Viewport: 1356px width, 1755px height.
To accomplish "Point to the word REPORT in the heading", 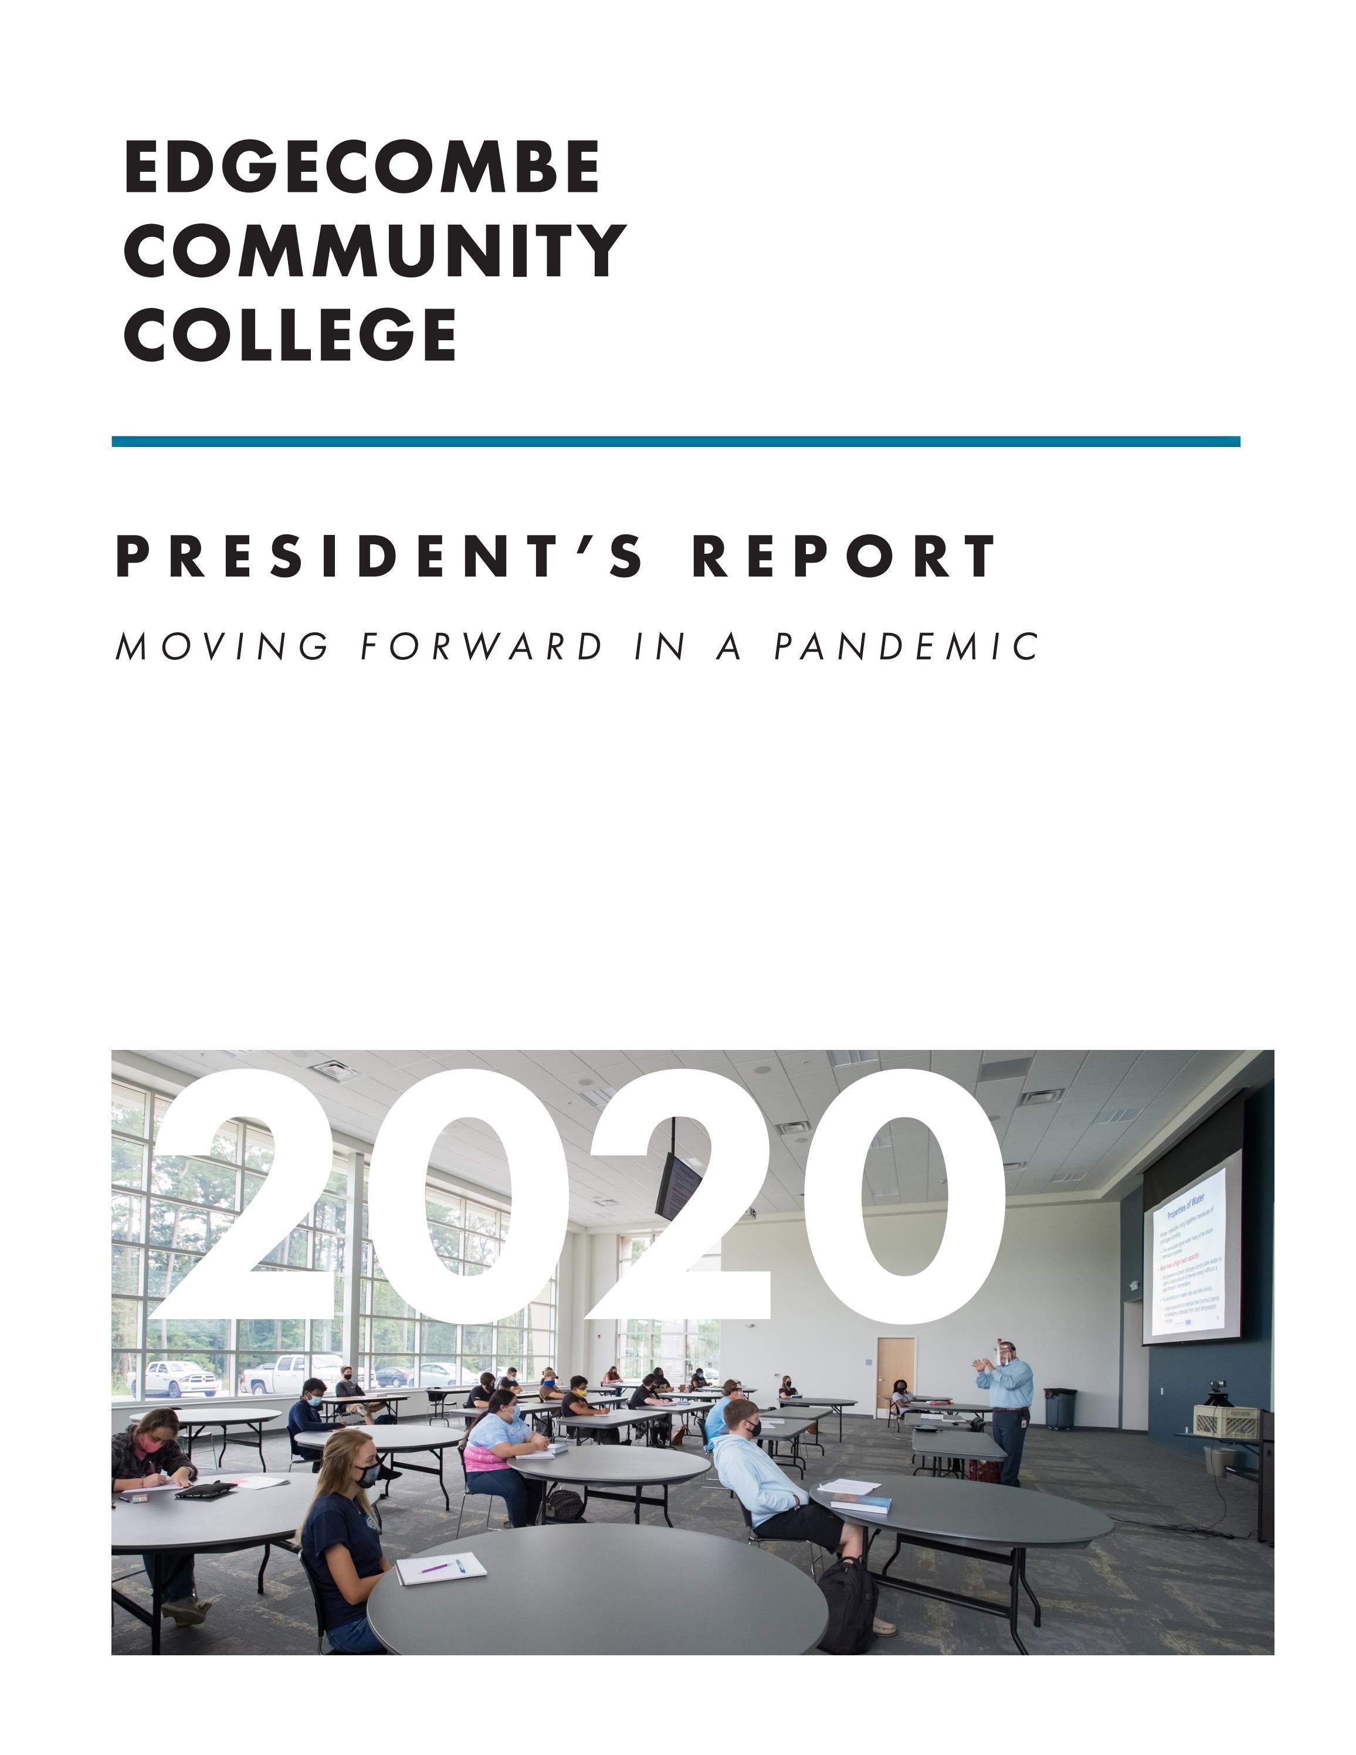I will pyautogui.click(x=843, y=556).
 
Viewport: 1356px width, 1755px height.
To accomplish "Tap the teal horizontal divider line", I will pyautogui.click(x=675, y=441).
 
